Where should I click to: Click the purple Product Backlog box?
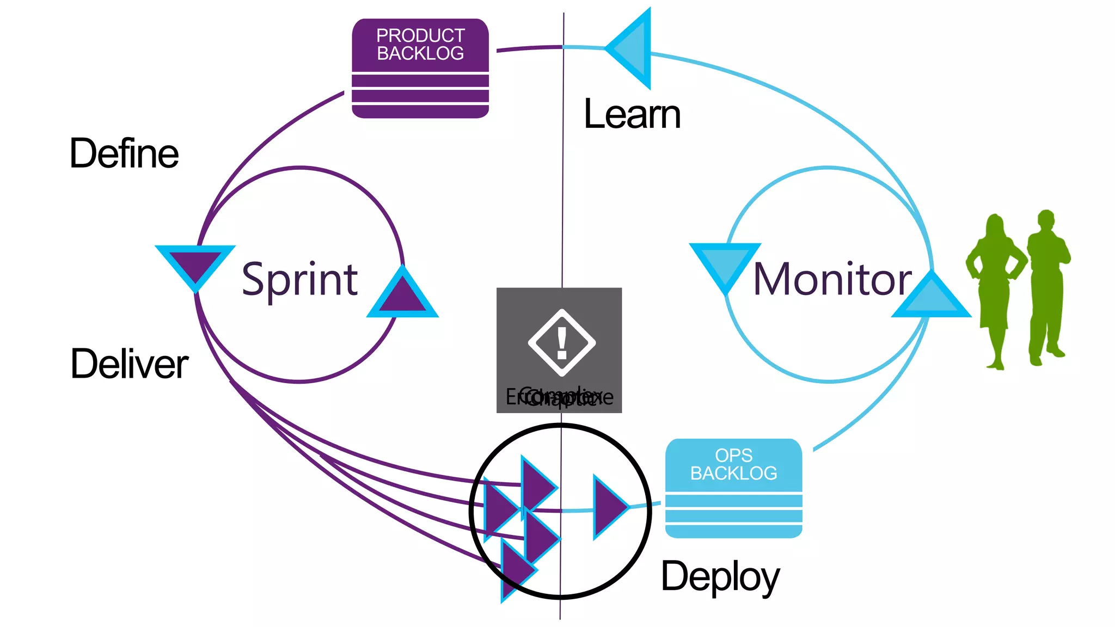coord(420,69)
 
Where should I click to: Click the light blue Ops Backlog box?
coord(733,488)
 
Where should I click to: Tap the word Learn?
coord(632,115)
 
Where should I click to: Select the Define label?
coord(124,153)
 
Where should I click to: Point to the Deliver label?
coord(130,364)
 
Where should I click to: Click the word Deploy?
coord(720,577)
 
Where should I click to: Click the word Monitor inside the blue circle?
coord(832,279)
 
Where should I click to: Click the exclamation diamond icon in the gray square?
coord(561,343)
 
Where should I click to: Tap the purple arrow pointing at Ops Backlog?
coord(609,507)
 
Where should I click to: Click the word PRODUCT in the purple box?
coord(420,35)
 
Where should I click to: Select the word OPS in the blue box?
coord(733,455)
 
